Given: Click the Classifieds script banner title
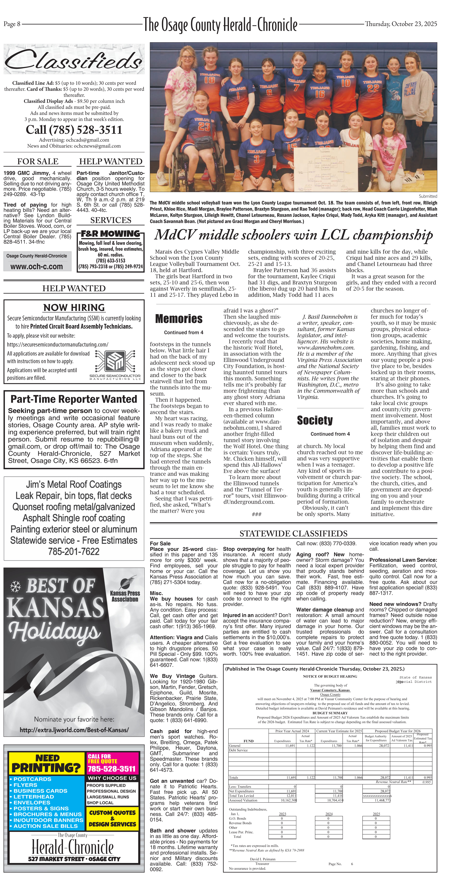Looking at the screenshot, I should (x=74, y=60).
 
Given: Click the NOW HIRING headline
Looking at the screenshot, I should (x=74, y=307).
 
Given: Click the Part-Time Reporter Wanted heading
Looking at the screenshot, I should (x=74, y=399).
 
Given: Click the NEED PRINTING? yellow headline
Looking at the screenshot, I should (x=46, y=763).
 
